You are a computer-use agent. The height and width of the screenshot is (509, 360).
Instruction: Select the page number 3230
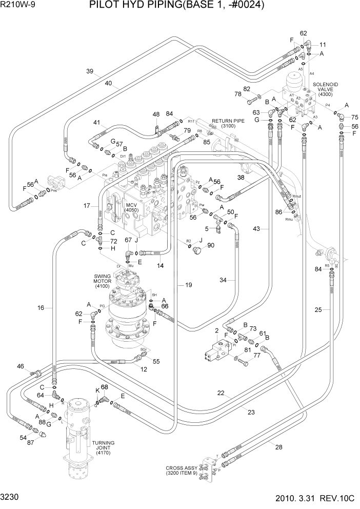click(11, 498)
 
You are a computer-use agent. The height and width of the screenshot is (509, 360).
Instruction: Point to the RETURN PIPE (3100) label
click(223, 121)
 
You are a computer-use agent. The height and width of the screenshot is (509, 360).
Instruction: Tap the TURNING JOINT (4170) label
click(103, 448)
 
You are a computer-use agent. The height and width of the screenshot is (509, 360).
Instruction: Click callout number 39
click(90, 71)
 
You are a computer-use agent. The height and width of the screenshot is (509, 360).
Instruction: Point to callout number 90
click(211, 246)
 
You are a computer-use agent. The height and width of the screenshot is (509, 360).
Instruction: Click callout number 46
click(21, 366)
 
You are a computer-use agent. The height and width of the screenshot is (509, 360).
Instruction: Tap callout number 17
click(88, 206)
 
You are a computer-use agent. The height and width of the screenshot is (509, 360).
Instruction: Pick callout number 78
click(237, 94)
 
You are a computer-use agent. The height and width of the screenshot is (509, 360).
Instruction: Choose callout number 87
click(31, 442)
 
